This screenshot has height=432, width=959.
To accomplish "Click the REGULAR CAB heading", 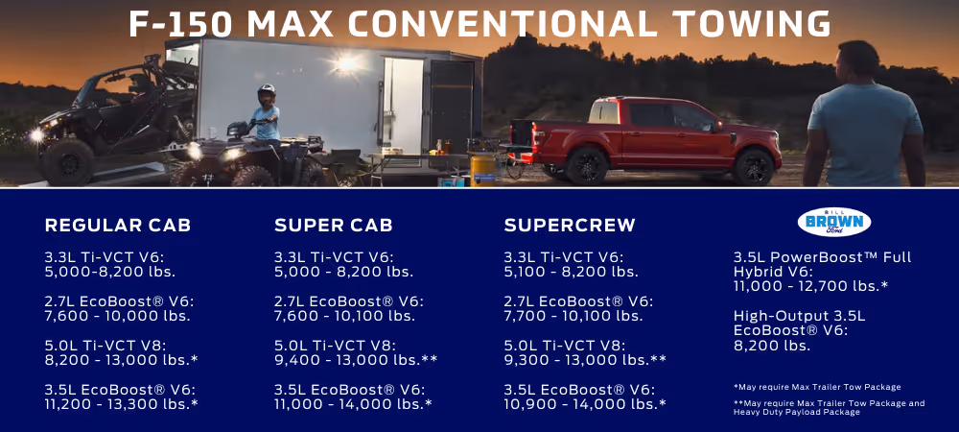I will (118, 226).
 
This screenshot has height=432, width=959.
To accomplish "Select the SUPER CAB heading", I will (333, 226).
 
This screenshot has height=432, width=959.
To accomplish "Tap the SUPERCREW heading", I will (570, 226).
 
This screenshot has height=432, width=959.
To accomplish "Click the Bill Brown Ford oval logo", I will (834, 222).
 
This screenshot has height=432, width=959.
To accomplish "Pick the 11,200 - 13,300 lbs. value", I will (121, 404).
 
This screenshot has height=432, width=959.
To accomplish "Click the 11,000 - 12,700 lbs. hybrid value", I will (810, 286).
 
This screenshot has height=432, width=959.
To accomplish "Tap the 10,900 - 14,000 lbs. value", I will (585, 404).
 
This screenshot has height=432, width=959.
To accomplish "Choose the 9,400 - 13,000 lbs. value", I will (356, 360).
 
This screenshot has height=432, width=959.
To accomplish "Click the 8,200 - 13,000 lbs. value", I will (121, 360).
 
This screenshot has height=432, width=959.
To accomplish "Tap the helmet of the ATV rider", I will (267, 93).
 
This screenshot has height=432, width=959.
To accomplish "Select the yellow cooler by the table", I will (482, 168).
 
